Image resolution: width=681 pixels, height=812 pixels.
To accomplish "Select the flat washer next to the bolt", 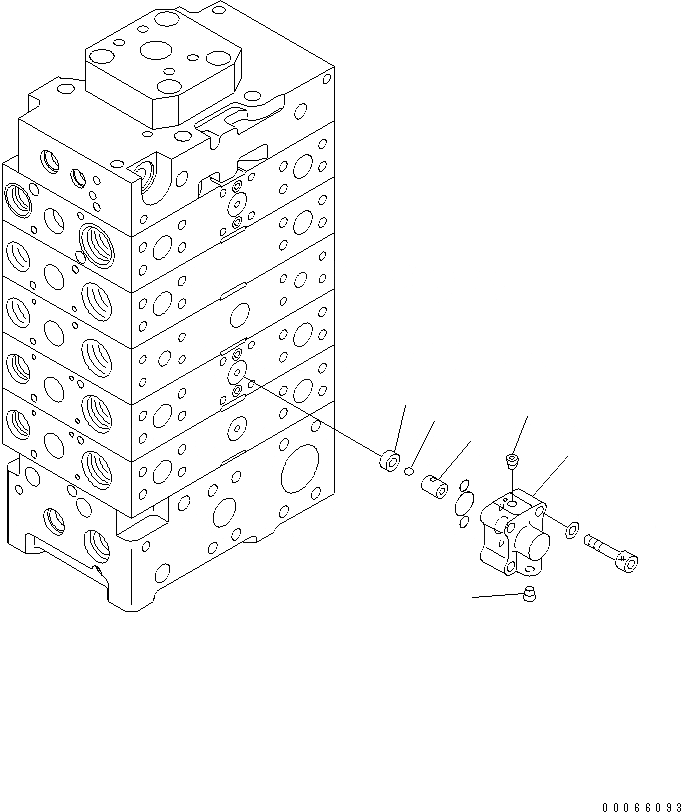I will pos(569,529).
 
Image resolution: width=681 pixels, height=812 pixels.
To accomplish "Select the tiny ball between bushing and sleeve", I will pos(410,471).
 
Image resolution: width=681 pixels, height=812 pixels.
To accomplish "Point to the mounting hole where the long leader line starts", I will pos(252,381).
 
